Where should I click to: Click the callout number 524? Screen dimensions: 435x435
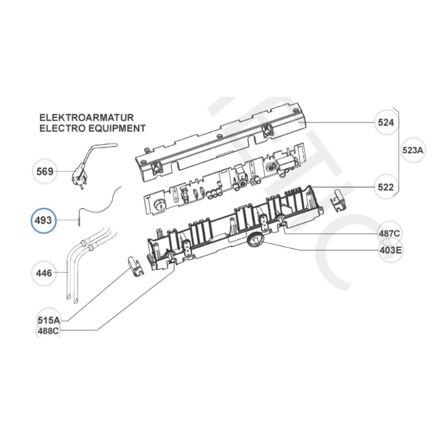(385, 123)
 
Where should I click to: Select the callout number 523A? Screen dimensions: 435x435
(412, 152)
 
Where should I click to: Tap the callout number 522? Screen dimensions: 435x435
(385, 187)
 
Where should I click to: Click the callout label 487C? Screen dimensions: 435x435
(389, 233)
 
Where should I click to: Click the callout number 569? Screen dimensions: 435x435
(44, 171)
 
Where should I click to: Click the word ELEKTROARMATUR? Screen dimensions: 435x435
(86, 118)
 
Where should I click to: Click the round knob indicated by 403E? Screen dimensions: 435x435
(254, 241)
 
